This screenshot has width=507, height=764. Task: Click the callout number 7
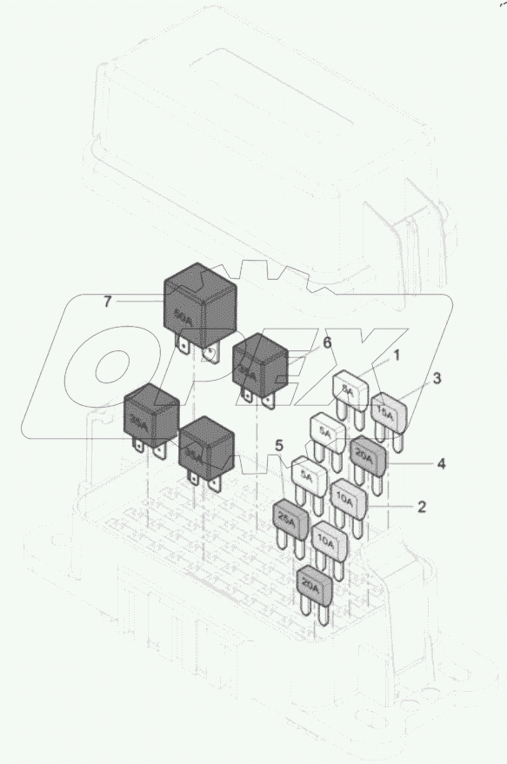(x=107, y=302)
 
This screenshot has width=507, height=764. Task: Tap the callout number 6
(x=327, y=343)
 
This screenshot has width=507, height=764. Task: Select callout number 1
(x=396, y=355)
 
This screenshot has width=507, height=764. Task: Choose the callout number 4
(x=441, y=464)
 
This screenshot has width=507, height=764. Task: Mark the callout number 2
(x=421, y=507)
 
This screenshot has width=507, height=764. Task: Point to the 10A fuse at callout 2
(x=349, y=500)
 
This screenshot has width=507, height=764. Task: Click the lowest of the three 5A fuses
(x=306, y=475)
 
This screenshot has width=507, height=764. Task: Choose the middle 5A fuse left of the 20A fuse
(x=327, y=433)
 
